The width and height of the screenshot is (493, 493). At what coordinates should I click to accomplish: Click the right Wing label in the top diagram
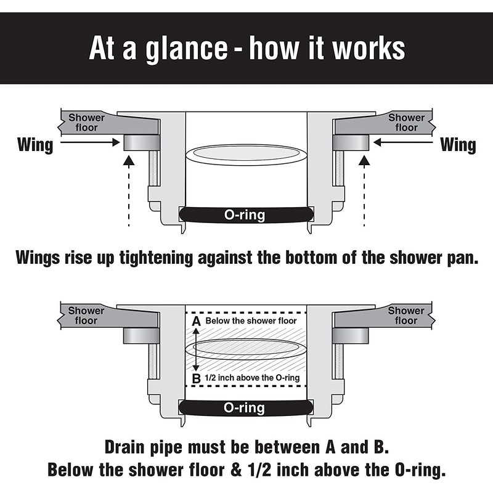tap(458, 145)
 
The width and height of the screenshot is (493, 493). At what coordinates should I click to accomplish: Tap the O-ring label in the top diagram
tap(245, 215)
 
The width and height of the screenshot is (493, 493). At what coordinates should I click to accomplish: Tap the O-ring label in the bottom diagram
tap(245, 408)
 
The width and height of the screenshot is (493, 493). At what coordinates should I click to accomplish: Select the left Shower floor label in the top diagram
tap(86, 123)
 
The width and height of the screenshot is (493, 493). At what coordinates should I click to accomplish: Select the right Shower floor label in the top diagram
tap(406, 123)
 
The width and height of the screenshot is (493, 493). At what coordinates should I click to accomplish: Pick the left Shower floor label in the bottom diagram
tap(86, 316)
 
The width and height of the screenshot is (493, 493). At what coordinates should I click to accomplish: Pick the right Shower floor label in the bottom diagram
tap(406, 316)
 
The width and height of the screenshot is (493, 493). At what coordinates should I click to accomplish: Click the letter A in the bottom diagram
tap(196, 321)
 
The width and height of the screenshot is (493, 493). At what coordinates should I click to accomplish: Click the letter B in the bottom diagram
tap(196, 378)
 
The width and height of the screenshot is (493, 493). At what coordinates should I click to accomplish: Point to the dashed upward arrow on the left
tap(129, 191)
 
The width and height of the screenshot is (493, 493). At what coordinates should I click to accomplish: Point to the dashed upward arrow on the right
tap(364, 191)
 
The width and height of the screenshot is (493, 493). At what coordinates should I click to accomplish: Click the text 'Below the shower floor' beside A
tap(251, 321)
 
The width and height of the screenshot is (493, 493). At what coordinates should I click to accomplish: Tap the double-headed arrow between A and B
tap(196, 349)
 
